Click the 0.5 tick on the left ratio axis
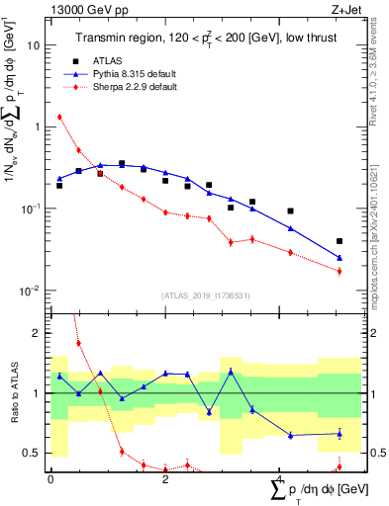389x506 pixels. [x=33, y=453]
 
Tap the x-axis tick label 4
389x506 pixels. [x=281, y=479]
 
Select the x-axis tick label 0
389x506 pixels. [x=50, y=479]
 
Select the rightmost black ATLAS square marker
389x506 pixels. [x=340, y=241]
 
